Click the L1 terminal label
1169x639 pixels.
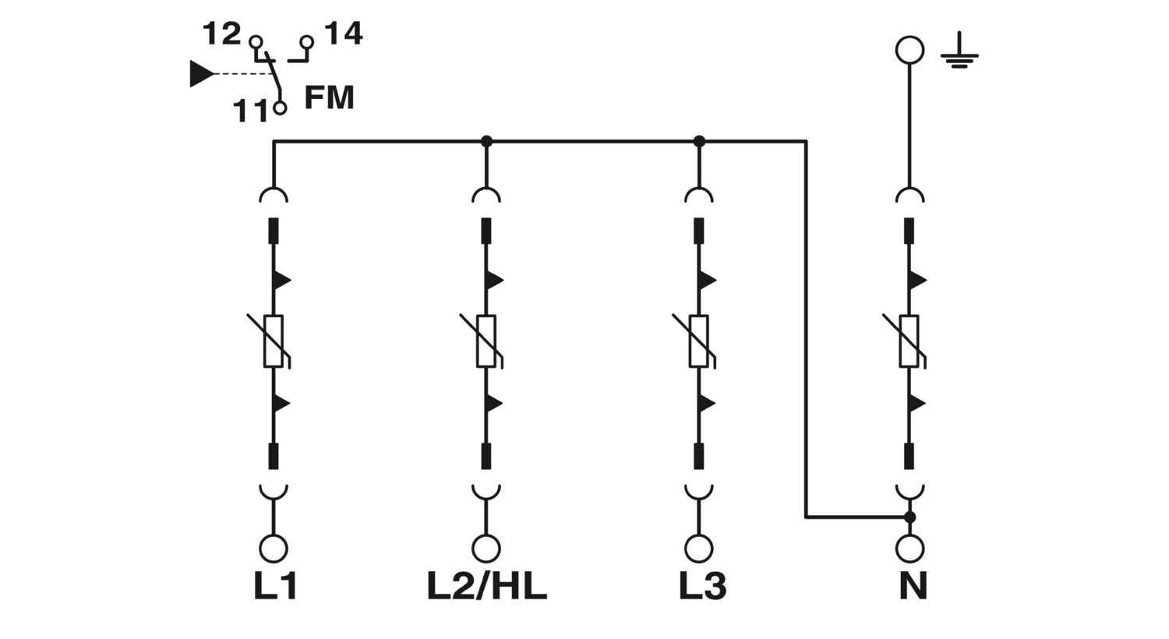tap(275, 586)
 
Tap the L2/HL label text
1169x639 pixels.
tap(486, 586)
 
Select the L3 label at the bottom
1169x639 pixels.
tap(702, 586)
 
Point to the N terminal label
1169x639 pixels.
tap(913, 586)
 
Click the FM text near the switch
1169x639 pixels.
tap(329, 98)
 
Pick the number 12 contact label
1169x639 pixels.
tap(221, 34)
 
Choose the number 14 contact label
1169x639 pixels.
tap(343, 34)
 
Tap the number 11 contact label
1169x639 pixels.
tap(251, 111)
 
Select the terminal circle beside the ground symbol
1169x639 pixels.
tap(909, 50)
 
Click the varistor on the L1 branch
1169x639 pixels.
tap(273, 341)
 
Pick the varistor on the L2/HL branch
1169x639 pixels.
tap(486, 341)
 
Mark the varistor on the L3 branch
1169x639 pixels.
tap(699, 341)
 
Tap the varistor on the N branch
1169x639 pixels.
tap(909, 341)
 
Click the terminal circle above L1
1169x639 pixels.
tap(273, 549)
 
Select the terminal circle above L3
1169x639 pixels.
tap(699, 549)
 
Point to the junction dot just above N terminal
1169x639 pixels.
tap(909, 517)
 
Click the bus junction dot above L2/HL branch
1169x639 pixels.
tap(486, 141)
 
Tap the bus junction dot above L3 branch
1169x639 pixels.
tap(699, 141)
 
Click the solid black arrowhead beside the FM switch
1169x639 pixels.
tap(201, 74)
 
